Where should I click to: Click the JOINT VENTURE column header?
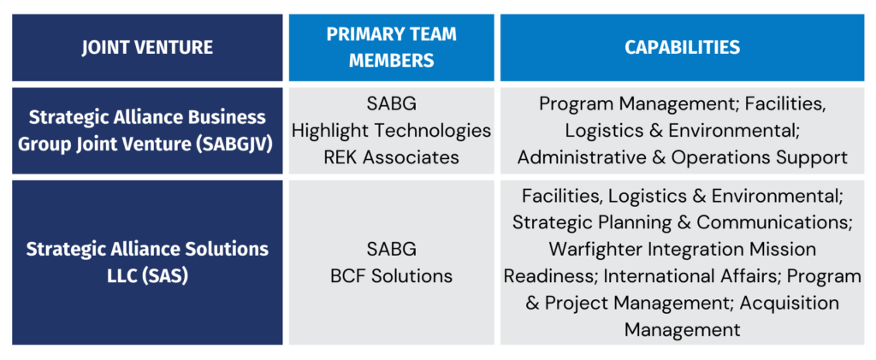[147, 47]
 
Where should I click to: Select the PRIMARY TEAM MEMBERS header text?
[391, 47]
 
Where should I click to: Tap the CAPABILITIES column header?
[682, 47]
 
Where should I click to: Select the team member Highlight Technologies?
[391, 131]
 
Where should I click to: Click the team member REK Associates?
[391, 157]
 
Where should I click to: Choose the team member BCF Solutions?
[391, 275]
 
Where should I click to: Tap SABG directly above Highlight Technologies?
[391, 103]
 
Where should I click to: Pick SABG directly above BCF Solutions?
[391, 248]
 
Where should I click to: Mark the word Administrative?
[581, 157]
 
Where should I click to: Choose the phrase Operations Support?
[760, 158]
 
